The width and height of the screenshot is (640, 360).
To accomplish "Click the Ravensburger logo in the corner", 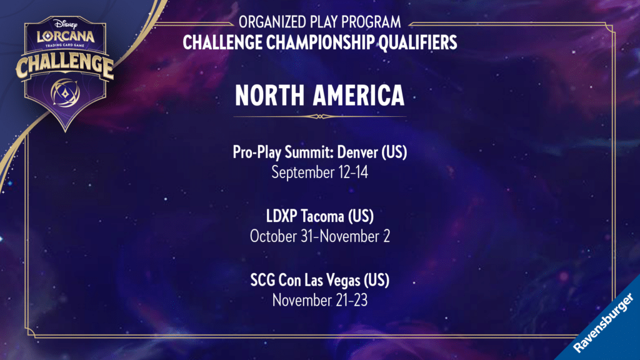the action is (x=603, y=323).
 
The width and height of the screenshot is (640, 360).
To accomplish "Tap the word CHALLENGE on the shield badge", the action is (x=65, y=65).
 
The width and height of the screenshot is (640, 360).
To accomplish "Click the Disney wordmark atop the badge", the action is (x=65, y=24).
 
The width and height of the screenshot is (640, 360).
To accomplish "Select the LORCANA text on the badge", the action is (x=66, y=36).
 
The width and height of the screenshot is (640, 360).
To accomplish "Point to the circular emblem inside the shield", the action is (x=65, y=92).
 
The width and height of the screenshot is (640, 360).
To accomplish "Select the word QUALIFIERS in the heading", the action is (x=418, y=42).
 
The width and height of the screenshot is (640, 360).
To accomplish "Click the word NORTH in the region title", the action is (x=270, y=95).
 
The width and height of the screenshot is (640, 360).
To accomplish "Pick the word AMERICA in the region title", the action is (x=359, y=95).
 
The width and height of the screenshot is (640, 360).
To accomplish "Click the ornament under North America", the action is (x=319, y=117).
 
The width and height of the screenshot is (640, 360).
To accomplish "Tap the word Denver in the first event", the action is (x=357, y=152).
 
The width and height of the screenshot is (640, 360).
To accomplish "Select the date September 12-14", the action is (x=319, y=172).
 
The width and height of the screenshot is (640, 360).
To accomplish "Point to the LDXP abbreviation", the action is (x=282, y=216).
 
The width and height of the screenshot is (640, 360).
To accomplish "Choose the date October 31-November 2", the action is (x=319, y=236).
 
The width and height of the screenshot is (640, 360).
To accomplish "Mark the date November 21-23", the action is (x=319, y=301).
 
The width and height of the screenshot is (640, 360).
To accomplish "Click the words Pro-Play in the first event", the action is (x=257, y=152).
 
